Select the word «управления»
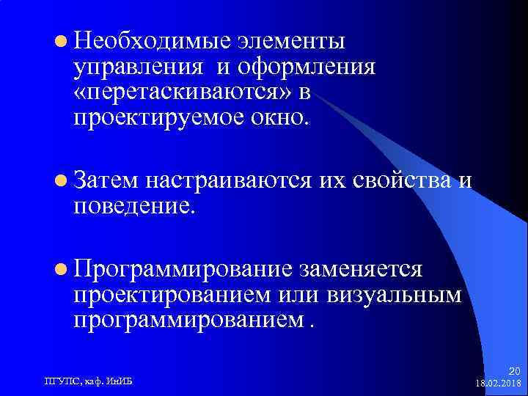point(138,68)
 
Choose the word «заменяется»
point(359,270)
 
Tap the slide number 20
point(513,372)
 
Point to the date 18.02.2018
point(498,383)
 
